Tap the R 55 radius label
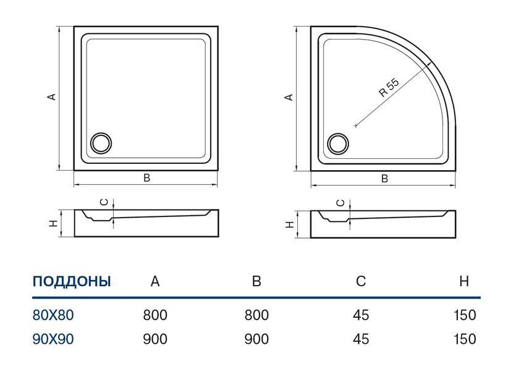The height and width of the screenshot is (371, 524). pyautogui.click(x=389, y=87)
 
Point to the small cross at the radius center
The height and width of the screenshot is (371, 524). pyautogui.click(x=355, y=126)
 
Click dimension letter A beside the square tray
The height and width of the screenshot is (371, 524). pyautogui.click(x=52, y=96)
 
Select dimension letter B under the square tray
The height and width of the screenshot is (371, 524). pyautogui.click(x=146, y=178)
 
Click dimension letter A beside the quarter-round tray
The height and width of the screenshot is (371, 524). pyautogui.click(x=289, y=97)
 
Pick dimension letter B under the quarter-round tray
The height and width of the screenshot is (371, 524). pyautogui.click(x=384, y=179)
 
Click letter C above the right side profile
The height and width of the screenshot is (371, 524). pyautogui.click(x=340, y=203)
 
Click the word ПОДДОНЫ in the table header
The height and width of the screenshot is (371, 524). pyautogui.click(x=72, y=281)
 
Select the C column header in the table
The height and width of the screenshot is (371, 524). pyautogui.click(x=361, y=281)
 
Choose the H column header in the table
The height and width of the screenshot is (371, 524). pyautogui.click(x=464, y=281)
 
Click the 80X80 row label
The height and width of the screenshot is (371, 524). pyautogui.click(x=53, y=315)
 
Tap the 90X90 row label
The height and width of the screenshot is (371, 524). pyautogui.click(x=53, y=339)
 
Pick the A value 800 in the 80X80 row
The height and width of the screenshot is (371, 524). pyautogui.click(x=155, y=315)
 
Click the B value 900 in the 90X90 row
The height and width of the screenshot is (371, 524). pyautogui.click(x=256, y=339)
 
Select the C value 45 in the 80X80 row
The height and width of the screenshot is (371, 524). pyautogui.click(x=361, y=315)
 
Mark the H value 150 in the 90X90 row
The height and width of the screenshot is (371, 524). pyautogui.click(x=465, y=339)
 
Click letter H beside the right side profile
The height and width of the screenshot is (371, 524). pyautogui.click(x=290, y=224)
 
